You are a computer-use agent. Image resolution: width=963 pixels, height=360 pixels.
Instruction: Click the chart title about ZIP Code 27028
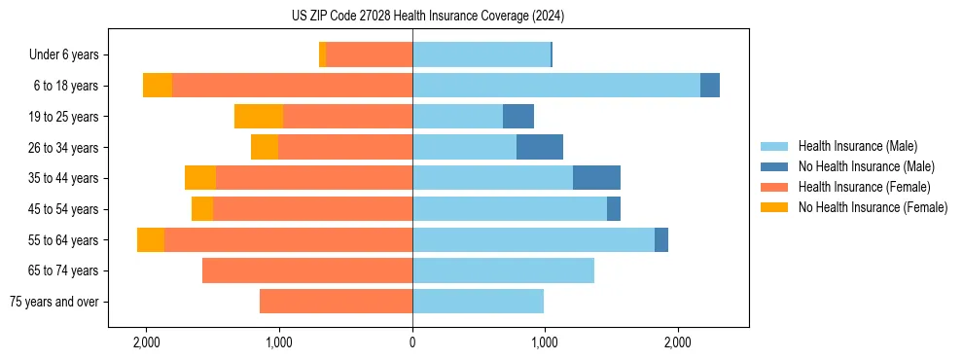427,17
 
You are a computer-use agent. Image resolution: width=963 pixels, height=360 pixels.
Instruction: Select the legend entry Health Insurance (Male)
857,146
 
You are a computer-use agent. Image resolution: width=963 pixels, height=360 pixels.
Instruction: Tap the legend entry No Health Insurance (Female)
873,207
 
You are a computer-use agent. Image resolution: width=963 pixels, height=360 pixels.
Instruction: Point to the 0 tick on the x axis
412,343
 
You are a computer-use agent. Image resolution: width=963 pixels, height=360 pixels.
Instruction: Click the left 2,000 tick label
147,343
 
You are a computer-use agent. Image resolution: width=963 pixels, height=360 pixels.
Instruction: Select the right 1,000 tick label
545,343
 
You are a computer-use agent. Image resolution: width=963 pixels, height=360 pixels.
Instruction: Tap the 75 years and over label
53,302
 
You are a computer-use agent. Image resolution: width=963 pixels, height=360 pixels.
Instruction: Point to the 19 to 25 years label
63,117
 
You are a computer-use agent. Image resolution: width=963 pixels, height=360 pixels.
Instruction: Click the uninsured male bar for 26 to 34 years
540,147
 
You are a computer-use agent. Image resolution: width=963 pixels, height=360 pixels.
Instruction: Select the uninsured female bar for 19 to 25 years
259,117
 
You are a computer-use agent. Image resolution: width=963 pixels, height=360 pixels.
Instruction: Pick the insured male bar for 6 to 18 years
556,86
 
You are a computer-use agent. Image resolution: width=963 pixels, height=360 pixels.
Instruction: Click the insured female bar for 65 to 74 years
307,270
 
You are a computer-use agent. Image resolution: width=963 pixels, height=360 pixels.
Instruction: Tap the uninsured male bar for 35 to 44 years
596,178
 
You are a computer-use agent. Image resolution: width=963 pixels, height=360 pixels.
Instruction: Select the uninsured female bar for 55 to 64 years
151,240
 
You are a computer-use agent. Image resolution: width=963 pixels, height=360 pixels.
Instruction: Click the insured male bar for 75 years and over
478,302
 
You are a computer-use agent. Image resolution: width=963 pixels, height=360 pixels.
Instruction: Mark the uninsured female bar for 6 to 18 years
158,86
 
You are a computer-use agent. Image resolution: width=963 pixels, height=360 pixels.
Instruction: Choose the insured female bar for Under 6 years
370,55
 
